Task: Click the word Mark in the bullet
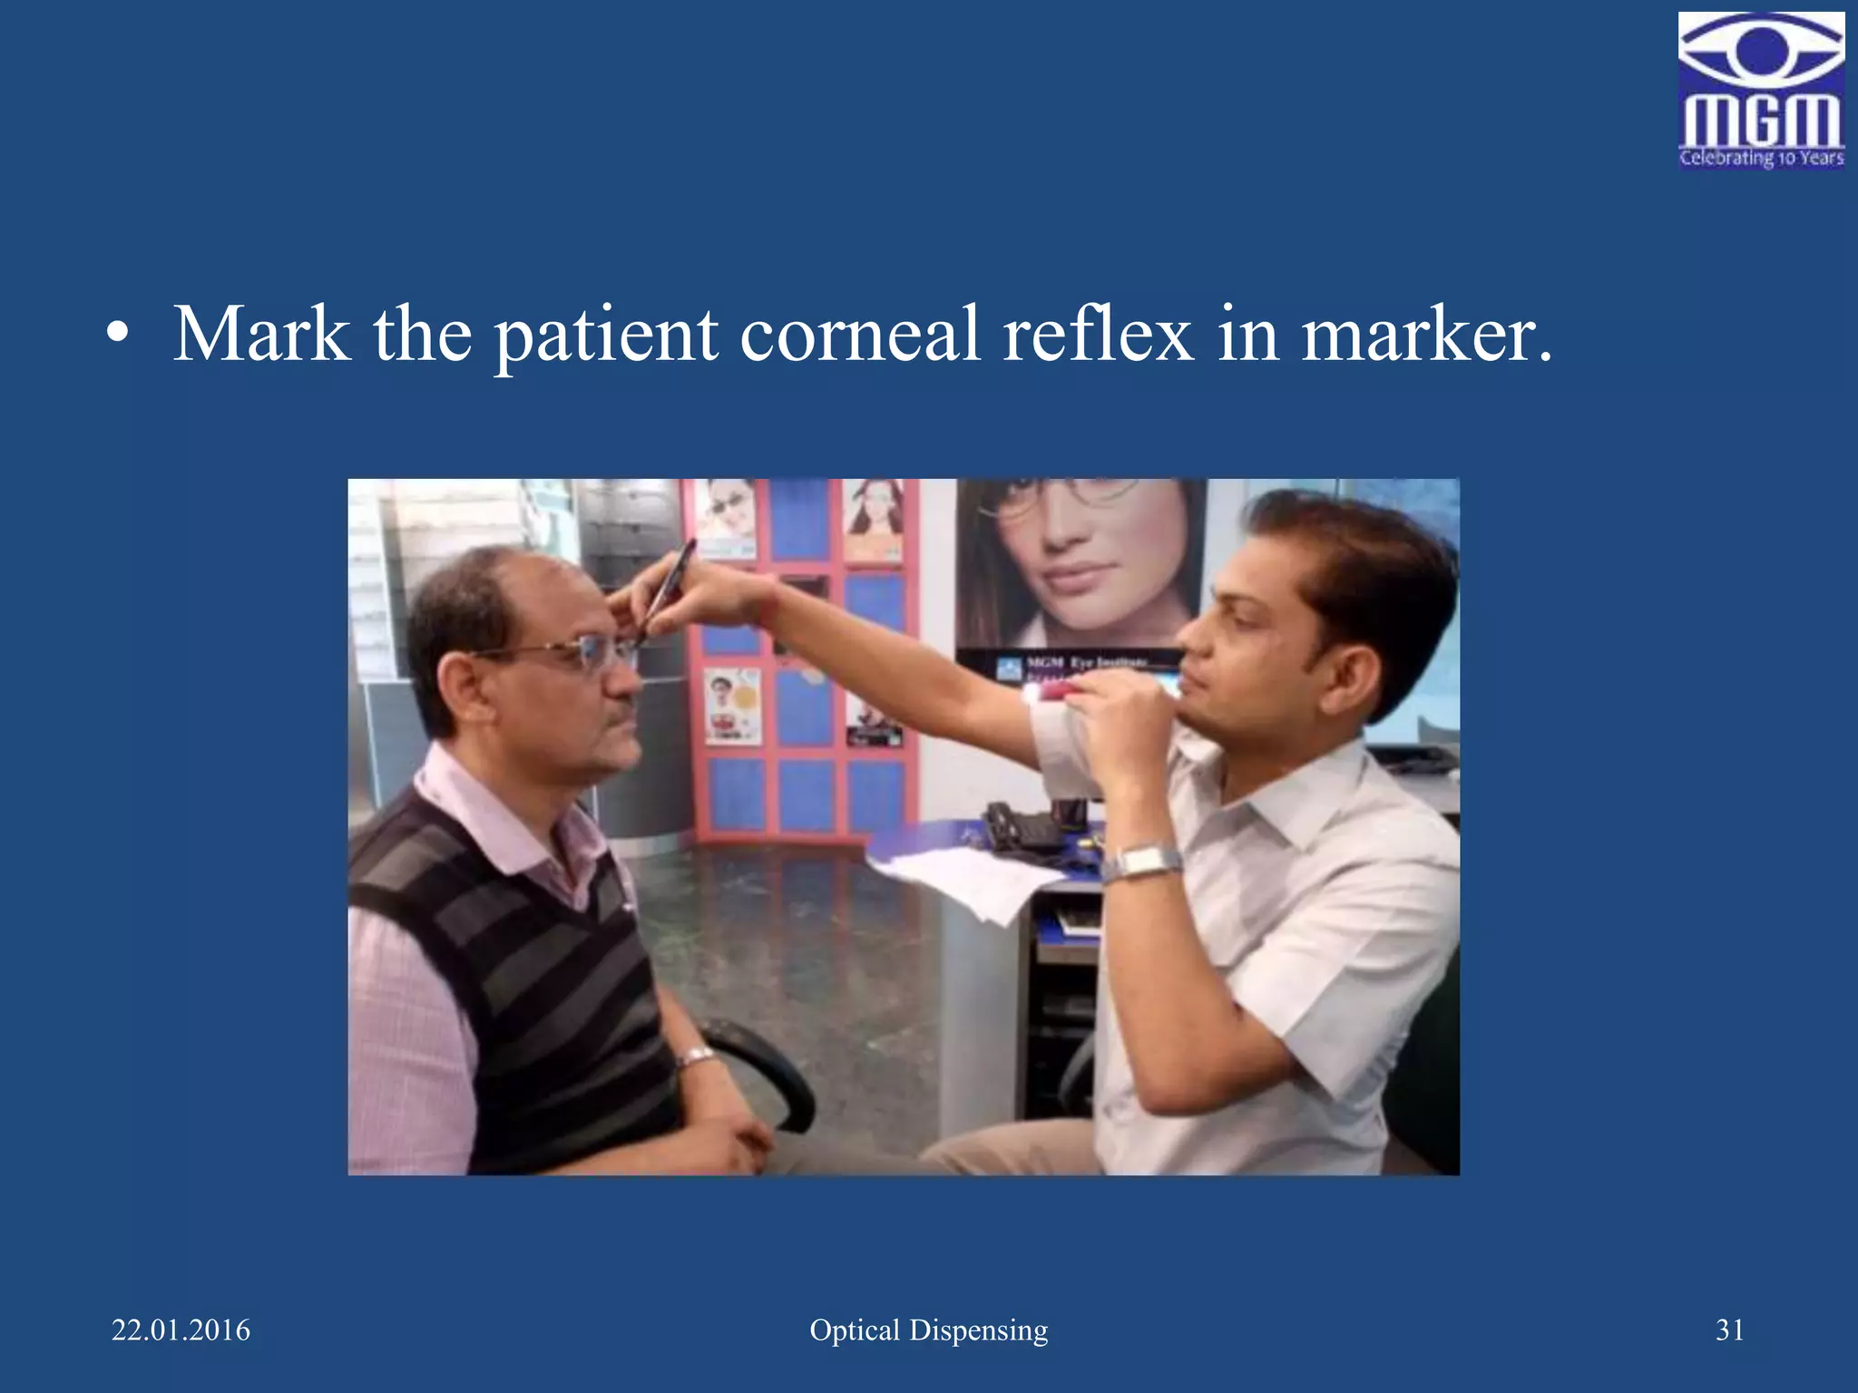tap(261, 335)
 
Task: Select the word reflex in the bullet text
tap(1098, 335)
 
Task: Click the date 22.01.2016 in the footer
tap(181, 1330)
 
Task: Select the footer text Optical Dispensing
tap(928, 1330)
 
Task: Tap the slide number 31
tap(1729, 1330)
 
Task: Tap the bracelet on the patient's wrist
tap(696, 1057)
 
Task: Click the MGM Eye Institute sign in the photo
tap(1080, 664)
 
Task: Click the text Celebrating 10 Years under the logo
tap(1761, 158)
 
